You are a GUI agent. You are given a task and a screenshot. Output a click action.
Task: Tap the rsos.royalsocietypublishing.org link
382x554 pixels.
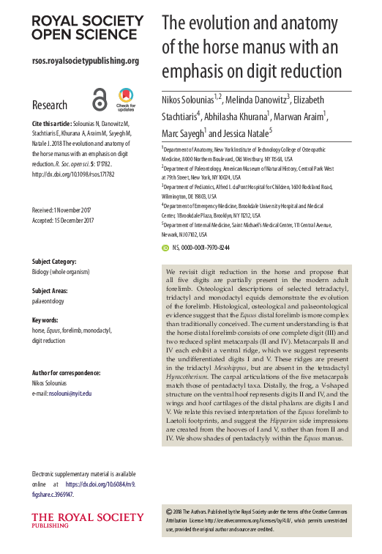(x=85, y=61)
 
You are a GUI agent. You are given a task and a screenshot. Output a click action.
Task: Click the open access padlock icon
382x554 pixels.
(x=100, y=98)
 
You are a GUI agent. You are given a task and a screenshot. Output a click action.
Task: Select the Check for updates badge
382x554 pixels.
(x=125, y=98)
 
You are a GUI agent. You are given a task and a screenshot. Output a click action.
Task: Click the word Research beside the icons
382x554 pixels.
(x=50, y=105)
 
